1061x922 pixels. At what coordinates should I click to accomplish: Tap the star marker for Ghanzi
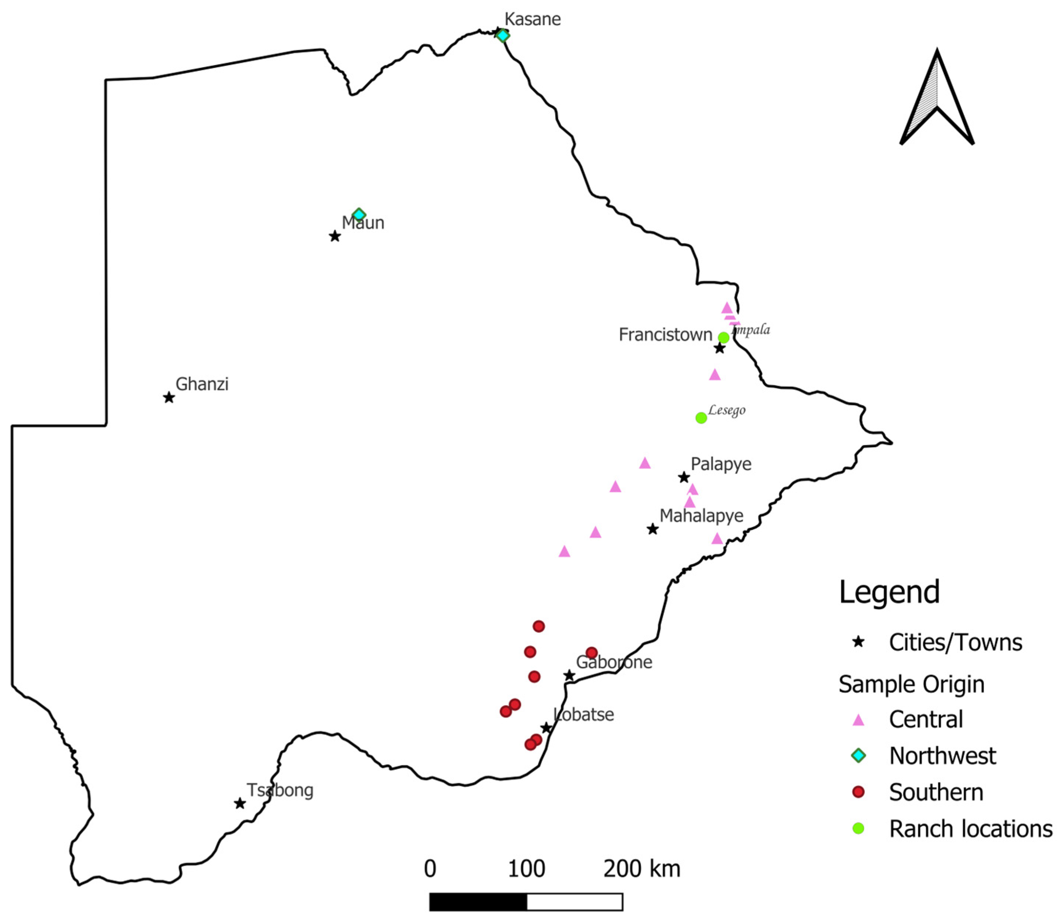point(169,398)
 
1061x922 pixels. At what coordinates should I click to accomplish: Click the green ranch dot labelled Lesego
point(701,418)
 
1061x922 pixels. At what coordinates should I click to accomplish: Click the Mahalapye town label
point(701,516)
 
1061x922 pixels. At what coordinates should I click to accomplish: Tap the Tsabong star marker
point(240,803)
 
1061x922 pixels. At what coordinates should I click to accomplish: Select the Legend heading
point(889,592)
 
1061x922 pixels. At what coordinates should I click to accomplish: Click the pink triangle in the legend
point(858,720)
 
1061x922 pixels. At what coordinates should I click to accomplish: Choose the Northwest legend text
point(942,756)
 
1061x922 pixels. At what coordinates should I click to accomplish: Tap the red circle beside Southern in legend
point(858,792)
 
